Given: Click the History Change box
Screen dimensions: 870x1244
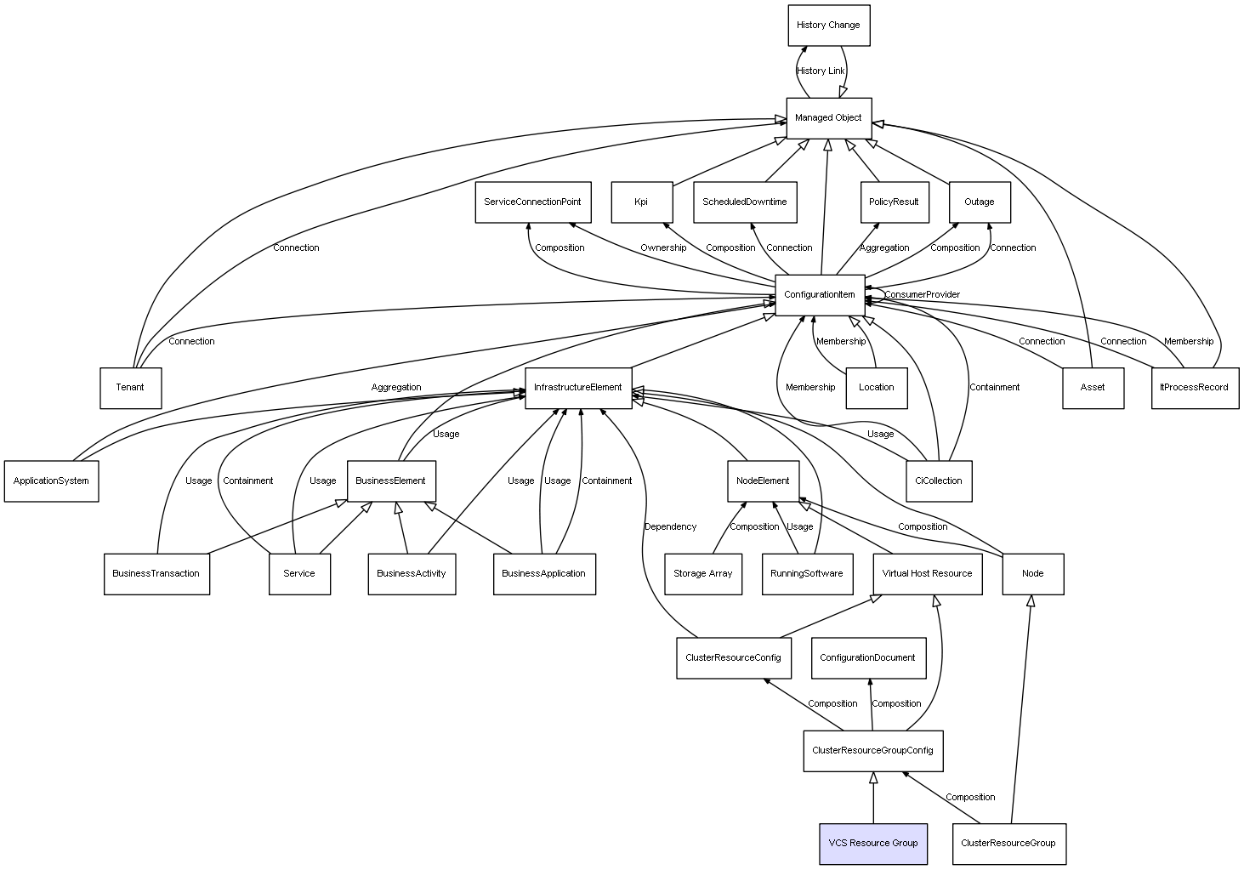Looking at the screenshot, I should (828, 26).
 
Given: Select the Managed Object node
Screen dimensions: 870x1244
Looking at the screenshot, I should (828, 118).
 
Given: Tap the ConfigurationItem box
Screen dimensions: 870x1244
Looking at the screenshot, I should (820, 295).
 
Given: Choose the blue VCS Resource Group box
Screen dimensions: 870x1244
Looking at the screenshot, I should (872, 844).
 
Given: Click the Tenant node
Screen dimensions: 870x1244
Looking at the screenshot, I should (130, 388).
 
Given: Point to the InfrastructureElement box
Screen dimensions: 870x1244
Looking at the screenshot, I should (578, 388).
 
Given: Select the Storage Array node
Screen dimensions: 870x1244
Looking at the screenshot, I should (702, 574).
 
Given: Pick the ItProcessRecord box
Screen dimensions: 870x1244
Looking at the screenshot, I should (1194, 388).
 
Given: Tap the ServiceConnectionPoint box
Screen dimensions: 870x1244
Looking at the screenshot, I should (532, 202).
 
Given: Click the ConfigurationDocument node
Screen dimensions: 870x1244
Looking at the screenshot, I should (867, 658).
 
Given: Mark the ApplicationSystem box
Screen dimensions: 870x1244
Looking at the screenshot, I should (51, 481).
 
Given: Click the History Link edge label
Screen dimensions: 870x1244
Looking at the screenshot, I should (821, 71).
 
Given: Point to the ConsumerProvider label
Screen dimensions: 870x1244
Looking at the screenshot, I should (922, 295).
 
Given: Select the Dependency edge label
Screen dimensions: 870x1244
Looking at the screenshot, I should (670, 527).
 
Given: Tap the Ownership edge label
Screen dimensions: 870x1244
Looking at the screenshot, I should (663, 248).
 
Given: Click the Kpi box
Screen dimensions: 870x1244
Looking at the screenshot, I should (641, 202).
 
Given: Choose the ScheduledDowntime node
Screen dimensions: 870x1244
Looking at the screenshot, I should (745, 202).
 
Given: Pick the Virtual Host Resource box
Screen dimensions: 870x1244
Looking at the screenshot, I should (927, 574).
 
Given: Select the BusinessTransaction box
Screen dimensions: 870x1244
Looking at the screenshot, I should (156, 574).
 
